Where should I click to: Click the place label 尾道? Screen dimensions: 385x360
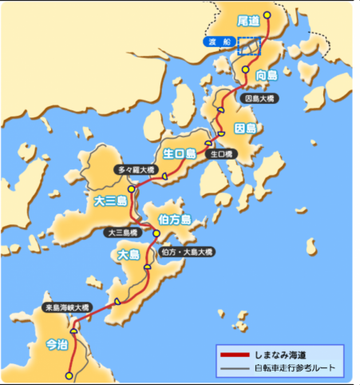click(248, 19)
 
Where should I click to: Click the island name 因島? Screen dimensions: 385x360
click(245, 128)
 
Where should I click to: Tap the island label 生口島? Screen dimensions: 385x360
click(180, 153)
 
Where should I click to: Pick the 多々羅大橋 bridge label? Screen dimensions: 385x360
click(136, 170)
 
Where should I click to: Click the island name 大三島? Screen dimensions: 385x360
click(110, 201)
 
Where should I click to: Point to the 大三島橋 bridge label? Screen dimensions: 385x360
click(125, 233)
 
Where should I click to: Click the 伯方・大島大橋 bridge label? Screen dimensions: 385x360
click(187, 252)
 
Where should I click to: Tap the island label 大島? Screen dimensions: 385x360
click(128, 255)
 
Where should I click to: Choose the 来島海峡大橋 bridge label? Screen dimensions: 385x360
click(67, 308)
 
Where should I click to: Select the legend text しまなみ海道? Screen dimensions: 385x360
click(279, 354)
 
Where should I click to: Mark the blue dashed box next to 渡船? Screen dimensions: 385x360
click(249, 46)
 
